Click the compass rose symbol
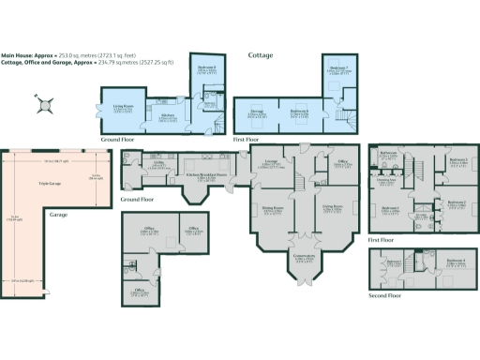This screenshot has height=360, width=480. [x=42, y=104]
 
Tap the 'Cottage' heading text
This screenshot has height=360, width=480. [x=261, y=55]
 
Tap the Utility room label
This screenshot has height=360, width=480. [x=159, y=167]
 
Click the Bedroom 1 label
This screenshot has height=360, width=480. [x=391, y=207]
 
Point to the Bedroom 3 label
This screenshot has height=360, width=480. [x=457, y=159]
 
